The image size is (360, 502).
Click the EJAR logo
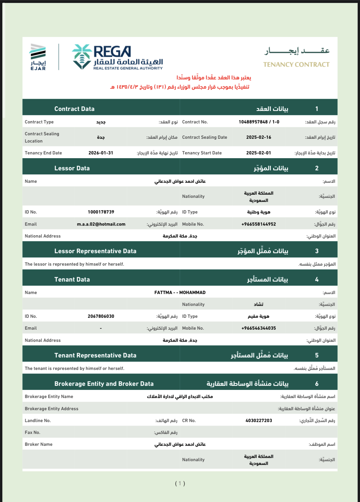coord(38,57)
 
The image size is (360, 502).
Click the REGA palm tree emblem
coord(82,57)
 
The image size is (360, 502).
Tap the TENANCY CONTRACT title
coord(296,65)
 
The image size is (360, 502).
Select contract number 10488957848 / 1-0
coord(259,122)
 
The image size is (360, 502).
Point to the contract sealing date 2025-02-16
coord(259,137)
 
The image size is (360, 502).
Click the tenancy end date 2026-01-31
coord(101,153)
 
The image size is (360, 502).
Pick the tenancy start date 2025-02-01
coord(259,153)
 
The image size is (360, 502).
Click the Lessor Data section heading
coord(72,168)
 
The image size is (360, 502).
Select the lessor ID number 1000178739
coord(101,212)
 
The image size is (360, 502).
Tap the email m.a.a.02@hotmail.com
coord(101,224)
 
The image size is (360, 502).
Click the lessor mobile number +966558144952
coord(259,224)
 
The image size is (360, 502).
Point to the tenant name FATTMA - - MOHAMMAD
coord(180,293)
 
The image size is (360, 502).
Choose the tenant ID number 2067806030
coord(101,316)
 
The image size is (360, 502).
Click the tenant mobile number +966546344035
coord(259,328)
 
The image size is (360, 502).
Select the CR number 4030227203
coord(259,421)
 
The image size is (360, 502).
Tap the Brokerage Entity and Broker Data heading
coord(104,384)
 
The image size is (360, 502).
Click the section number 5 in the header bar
coord(317,355)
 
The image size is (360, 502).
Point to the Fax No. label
coord(32,432)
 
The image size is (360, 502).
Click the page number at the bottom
coord(180,483)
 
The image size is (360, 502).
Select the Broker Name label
coord(39,444)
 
